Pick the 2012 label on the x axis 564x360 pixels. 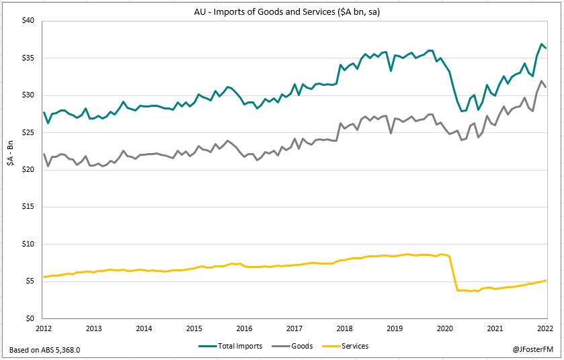click(44, 328)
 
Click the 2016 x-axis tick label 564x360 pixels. click(244, 328)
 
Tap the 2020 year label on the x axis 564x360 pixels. click(444, 328)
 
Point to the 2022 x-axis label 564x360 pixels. click(545, 328)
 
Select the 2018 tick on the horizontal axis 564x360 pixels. click(344, 328)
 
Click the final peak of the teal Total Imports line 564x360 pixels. click(542, 44)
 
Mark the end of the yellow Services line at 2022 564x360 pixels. click(545, 280)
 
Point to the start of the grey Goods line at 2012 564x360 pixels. click(44, 154)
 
